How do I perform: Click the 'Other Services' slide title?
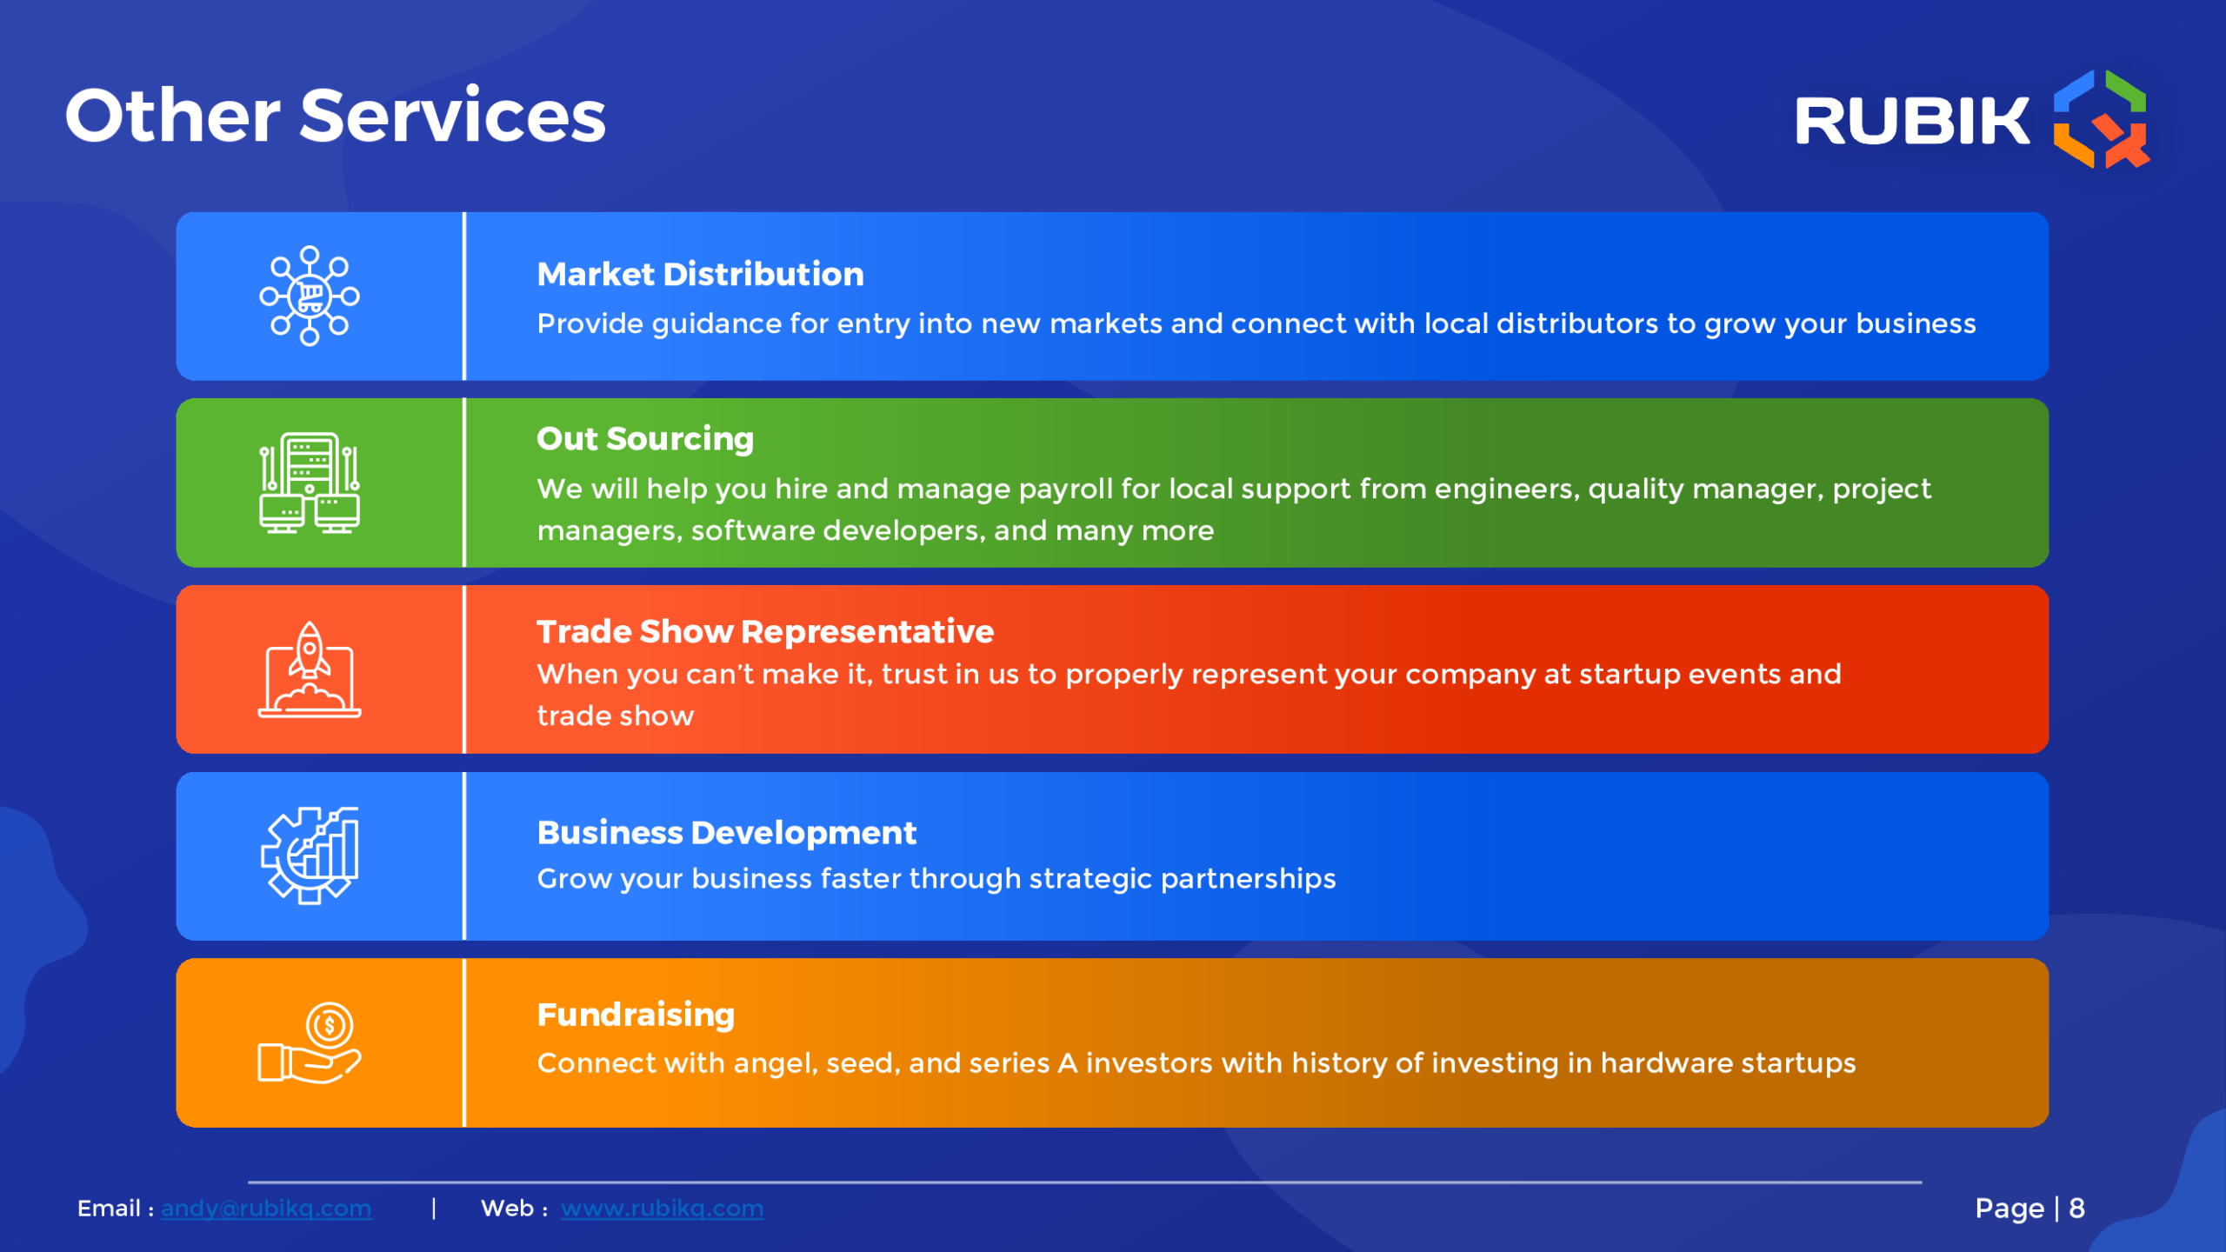(x=336, y=116)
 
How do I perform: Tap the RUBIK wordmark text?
(x=1912, y=121)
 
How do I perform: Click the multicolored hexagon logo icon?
(x=2101, y=118)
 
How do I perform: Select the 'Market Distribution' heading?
(x=700, y=275)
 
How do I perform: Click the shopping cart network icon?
(x=310, y=296)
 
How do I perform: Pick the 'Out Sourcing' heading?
(x=644, y=440)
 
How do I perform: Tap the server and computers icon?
(x=310, y=483)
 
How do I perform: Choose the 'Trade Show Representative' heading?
(x=765, y=631)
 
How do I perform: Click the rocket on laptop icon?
(x=310, y=669)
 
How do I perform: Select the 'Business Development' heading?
(x=727, y=833)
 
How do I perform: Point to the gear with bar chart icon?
(x=310, y=856)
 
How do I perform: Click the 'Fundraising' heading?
(x=636, y=1016)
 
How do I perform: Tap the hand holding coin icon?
(x=310, y=1042)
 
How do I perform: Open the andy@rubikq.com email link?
(x=266, y=1209)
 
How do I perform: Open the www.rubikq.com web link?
(x=663, y=1209)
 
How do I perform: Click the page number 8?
(x=2077, y=1209)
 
